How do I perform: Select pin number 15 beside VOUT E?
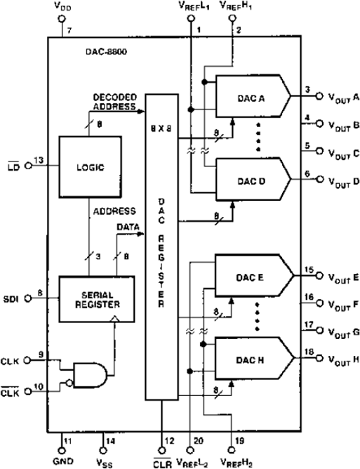tap(307, 270)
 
